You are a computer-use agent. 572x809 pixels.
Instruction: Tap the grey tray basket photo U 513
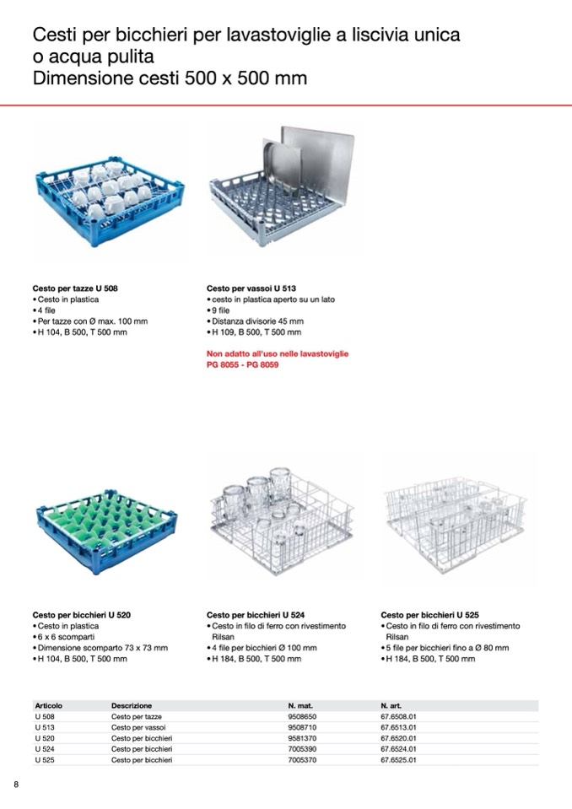pyautogui.click(x=282, y=186)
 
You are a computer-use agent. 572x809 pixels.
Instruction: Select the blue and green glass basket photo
pyautogui.click(x=107, y=531)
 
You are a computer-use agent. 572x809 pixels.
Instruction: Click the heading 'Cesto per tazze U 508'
pyautogui.click(x=75, y=289)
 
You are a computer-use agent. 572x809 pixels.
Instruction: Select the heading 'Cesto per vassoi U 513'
pyautogui.click(x=251, y=289)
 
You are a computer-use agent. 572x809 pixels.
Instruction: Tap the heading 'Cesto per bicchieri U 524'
pyautogui.click(x=256, y=615)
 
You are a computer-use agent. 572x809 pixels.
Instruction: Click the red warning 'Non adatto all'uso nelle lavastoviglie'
pyautogui.click(x=278, y=354)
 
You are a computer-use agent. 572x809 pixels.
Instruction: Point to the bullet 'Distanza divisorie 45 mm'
pyautogui.click(x=258, y=321)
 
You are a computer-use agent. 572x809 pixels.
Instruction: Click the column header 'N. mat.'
pyautogui.click(x=300, y=706)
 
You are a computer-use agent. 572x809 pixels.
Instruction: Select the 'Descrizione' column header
pyautogui.click(x=132, y=706)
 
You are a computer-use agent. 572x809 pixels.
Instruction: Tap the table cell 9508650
pyautogui.click(x=302, y=717)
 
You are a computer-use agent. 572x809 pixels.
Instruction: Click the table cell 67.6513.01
pyautogui.click(x=398, y=727)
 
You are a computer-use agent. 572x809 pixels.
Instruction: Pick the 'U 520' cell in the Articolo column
pyautogui.click(x=45, y=738)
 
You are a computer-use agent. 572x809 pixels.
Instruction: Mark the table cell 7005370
pyautogui.click(x=302, y=760)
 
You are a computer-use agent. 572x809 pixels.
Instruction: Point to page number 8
pyautogui.click(x=16, y=785)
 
